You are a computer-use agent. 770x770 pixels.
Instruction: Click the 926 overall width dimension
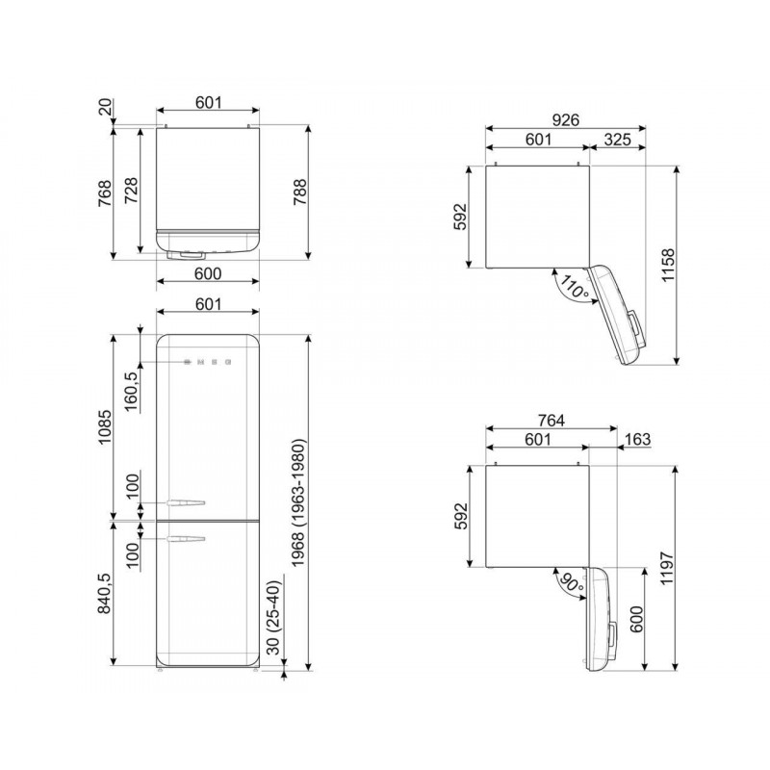566,119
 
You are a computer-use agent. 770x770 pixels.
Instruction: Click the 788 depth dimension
324,192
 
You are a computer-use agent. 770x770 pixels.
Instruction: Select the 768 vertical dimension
103,192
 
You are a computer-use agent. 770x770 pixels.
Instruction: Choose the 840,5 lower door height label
103,594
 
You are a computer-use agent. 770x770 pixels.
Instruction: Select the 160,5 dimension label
132,389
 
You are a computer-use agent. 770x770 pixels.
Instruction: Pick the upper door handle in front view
187,501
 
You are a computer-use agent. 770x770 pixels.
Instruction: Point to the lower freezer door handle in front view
187,539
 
